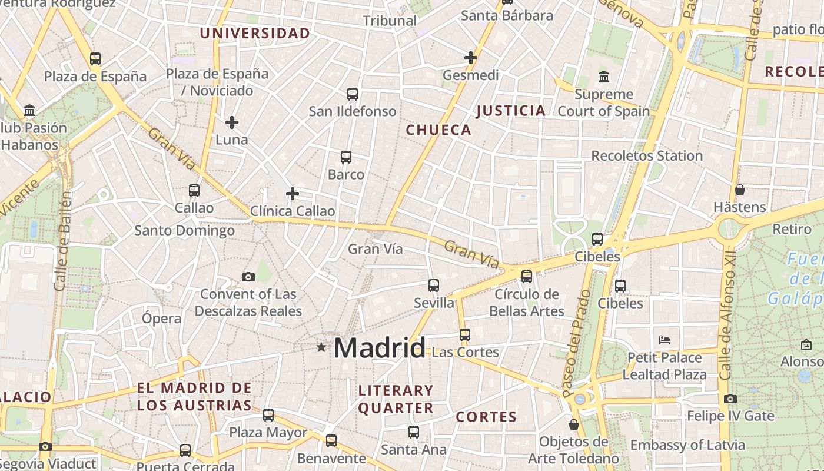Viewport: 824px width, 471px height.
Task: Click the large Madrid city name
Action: tap(380, 348)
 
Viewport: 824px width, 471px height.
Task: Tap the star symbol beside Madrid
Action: tap(321, 347)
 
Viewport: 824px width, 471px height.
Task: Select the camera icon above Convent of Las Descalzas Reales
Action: tap(248, 277)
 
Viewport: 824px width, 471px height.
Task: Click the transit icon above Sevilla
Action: tap(434, 286)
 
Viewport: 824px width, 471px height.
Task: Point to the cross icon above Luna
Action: tap(232, 122)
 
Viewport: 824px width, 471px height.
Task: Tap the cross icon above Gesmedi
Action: tap(470, 58)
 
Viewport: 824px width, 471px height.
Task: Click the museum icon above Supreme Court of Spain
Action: tap(603, 77)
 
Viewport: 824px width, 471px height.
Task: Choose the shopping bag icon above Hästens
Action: tap(740, 190)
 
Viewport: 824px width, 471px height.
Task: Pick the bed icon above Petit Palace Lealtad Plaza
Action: tap(664, 340)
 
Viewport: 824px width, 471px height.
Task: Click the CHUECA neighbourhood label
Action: tap(439, 130)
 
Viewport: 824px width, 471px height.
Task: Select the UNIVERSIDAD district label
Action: tap(255, 33)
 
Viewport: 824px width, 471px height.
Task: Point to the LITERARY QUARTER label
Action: tap(396, 399)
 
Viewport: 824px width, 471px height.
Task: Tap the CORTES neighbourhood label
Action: tap(486, 417)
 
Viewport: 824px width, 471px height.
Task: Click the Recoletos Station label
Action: tap(647, 156)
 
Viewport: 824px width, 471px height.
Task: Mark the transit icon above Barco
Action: tap(346, 157)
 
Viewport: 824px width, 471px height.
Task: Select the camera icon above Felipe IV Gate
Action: tap(730, 399)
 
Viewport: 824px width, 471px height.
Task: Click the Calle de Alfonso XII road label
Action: tap(728, 317)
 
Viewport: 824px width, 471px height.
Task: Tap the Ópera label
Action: tap(162, 319)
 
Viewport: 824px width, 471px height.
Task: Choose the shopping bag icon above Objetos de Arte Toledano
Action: tap(574, 424)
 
